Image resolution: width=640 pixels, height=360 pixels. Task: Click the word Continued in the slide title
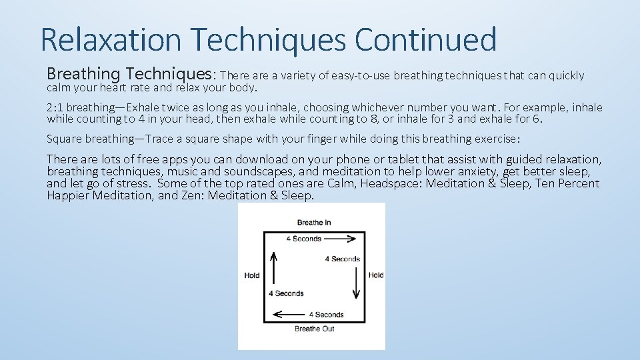pyautogui.click(x=426, y=40)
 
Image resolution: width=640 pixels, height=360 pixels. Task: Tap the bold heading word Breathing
pyautogui.click(x=83, y=74)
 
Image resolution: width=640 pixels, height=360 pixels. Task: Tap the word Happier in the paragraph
pyautogui.click(x=68, y=195)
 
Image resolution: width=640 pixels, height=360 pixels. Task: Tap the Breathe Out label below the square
pyautogui.click(x=314, y=329)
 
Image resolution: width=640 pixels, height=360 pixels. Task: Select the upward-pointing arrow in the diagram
pyautogui.click(x=273, y=267)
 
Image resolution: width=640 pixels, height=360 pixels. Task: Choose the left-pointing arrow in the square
pyautogui.click(x=289, y=314)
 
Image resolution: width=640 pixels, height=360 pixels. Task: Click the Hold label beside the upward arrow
pyautogui.click(x=252, y=275)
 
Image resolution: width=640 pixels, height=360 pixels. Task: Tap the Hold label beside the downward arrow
pyautogui.click(x=376, y=275)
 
